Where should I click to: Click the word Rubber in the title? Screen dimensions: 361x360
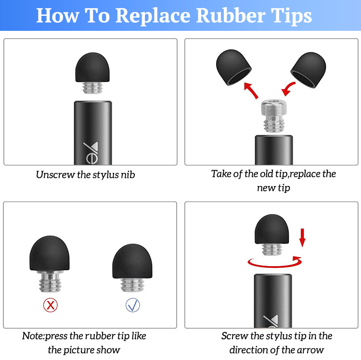(x=231, y=16)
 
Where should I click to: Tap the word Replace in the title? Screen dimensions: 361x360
(x=153, y=16)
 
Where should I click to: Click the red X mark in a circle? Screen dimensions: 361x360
(x=51, y=305)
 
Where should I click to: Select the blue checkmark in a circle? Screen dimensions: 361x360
(x=133, y=305)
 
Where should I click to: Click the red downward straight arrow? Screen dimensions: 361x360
(x=302, y=238)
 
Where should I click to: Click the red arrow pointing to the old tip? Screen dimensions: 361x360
(x=251, y=90)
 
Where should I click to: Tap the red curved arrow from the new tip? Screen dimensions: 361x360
(x=288, y=89)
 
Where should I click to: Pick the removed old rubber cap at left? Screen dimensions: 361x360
(x=233, y=67)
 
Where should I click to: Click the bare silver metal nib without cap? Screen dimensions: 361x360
(x=274, y=116)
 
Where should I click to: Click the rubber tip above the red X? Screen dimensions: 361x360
(x=50, y=253)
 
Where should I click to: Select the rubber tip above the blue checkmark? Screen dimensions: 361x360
(x=132, y=261)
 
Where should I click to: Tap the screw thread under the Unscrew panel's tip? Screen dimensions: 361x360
(x=92, y=88)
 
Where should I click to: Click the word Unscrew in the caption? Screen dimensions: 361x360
(x=55, y=175)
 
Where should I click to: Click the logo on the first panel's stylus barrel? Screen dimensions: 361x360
(x=91, y=153)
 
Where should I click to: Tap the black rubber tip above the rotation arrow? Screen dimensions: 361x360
(x=271, y=229)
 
